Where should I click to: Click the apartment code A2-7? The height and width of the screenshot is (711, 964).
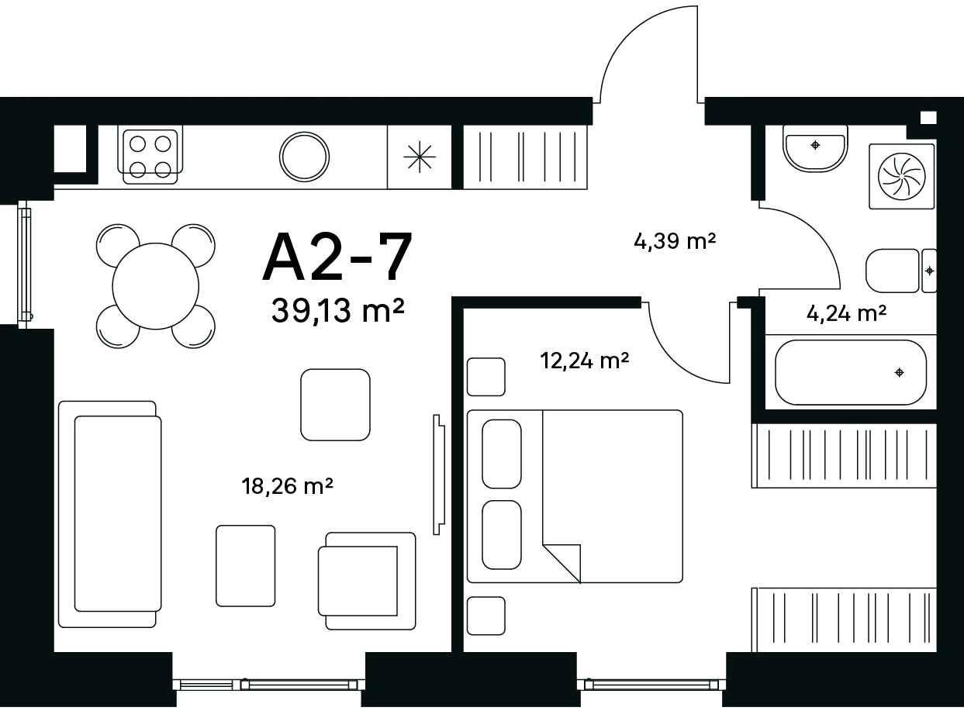click(x=337, y=257)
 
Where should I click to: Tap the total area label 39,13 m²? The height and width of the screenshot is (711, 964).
click(x=337, y=310)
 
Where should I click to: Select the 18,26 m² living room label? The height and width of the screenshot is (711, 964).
click(x=287, y=486)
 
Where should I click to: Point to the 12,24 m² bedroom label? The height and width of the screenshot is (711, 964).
click(x=585, y=361)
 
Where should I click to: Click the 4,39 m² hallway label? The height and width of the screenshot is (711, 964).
click(x=675, y=241)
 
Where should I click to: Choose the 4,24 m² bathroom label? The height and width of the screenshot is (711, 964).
click(x=847, y=313)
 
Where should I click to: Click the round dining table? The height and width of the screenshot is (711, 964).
click(x=156, y=286)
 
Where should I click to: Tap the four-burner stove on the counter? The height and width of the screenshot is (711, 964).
click(x=150, y=157)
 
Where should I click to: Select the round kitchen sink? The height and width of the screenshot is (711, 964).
click(x=304, y=157)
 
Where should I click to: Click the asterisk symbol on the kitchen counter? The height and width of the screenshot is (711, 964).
click(x=420, y=157)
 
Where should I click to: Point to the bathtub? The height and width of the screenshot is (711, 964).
click(x=851, y=372)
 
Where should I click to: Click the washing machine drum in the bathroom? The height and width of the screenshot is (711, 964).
click(x=902, y=177)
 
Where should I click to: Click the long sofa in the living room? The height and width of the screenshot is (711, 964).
click(x=110, y=514)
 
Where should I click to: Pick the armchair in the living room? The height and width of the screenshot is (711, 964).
click(x=366, y=581)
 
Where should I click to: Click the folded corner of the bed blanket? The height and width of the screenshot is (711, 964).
click(x=561, y=563)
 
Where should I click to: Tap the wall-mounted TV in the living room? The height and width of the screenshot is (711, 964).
click(x=438, y=475)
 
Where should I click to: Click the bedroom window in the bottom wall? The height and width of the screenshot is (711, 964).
click(x=651, y=685)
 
